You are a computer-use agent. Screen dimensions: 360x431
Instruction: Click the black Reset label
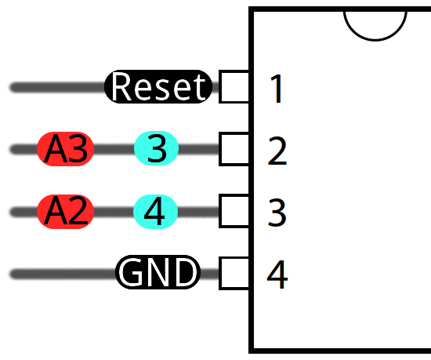tap(158, 87)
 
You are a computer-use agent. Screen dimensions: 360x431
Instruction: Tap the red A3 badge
tap(66, 149)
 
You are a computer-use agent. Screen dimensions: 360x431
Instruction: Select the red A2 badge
tap(66, 212)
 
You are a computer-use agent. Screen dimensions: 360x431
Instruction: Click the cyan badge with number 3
tap(157, 149)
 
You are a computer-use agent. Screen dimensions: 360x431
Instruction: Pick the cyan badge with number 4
tap(157, 212)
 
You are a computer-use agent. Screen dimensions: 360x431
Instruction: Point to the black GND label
tap(158, 274)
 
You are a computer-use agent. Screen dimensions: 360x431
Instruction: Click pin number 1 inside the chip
tap(277, 89)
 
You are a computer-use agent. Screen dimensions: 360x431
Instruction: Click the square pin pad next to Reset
tap(234, 87)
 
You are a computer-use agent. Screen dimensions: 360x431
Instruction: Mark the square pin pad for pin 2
tap(234, 149)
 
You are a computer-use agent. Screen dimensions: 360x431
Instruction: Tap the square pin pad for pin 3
tap(234, 212)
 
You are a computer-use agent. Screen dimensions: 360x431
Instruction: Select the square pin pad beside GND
tap(234, 274)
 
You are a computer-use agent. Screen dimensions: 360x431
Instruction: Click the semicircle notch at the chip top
tap(375, 24)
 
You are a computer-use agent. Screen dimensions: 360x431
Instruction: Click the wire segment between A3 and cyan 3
tap(114, 149)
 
